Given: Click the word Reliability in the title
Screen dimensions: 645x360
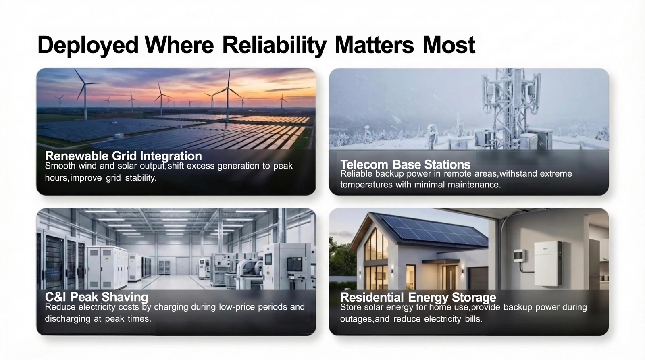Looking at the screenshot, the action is click(274, 46).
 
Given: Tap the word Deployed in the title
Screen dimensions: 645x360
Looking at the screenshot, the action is click(88, 46).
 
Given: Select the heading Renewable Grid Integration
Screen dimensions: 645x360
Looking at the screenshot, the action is click(123, 156).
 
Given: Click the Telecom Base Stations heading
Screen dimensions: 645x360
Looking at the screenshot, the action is click(405, 164).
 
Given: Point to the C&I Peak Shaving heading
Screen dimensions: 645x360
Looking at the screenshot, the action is click(96, 297).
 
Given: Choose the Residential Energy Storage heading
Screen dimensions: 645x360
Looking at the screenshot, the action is click(418, 297).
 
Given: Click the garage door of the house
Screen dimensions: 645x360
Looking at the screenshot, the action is click(478, 278).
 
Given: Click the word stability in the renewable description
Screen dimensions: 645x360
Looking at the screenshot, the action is click(141, 178).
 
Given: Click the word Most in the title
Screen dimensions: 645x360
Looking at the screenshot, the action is click(449, 46).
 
